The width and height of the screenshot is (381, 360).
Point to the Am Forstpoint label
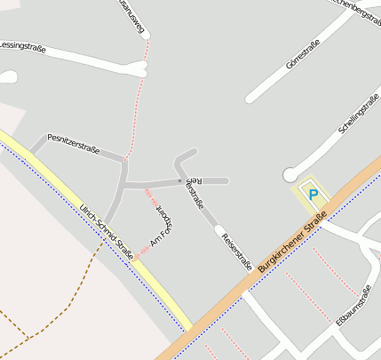pos(162,227)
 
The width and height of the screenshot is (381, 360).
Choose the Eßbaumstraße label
pos(353,306)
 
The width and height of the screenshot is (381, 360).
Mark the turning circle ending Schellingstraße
pos(290,175)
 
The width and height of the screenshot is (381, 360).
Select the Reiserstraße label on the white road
pos(236,251)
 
